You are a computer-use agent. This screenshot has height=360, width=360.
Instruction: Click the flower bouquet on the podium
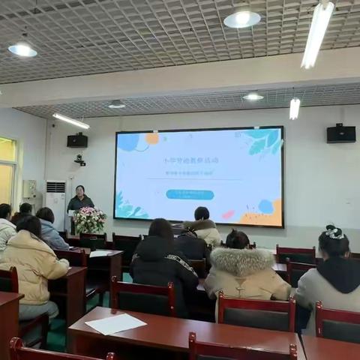pyautogui.click(x=89, y=220)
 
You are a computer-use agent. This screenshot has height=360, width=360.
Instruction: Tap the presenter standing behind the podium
pyautogui.click(x=79, y=201)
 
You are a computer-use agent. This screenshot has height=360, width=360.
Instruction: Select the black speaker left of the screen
pyautogui.click(x=77, y=140)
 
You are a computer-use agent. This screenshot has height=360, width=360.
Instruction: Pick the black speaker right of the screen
pyautogui.click(x=340, y=133)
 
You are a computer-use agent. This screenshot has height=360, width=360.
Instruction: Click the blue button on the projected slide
pyautogui.click(x=190, y=194)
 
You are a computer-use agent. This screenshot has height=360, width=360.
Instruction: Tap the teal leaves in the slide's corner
pyautogui.click(x=263, y=141)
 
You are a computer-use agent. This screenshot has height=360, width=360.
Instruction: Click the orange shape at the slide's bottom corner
pyautogui.click(x=266, y=214)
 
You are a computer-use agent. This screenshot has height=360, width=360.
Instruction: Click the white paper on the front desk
pyautogui.click(x=115, y=324)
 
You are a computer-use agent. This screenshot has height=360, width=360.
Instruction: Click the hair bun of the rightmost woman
pyautogui.click(x=334, y=232)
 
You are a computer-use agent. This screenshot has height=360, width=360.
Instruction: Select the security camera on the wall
pyautogui.click(x=79, y=160)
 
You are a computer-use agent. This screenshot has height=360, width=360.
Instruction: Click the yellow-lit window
pyautogui.click(x=7, y=172)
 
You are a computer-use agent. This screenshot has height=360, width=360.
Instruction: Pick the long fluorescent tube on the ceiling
pyautogui.click(x=317, y=33)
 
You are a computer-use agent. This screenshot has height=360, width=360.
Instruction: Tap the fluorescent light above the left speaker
pyautogui.click(x=70, y=121)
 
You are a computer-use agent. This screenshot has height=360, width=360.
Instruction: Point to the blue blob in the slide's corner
pyautogui.click(x=128, y=142)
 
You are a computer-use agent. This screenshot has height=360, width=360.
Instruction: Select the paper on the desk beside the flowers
pyautogui.click(x=100, y=253)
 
